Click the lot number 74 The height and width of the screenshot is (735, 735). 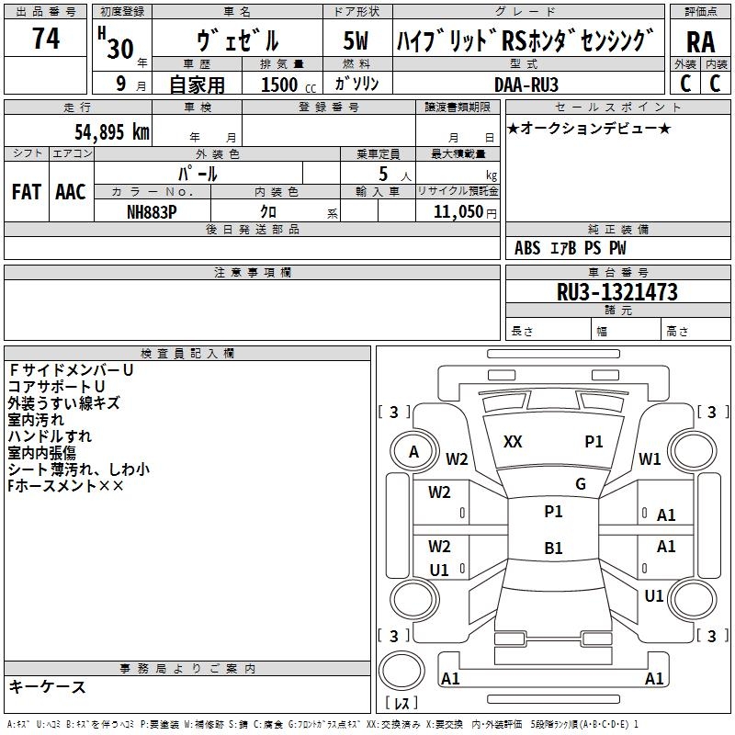pyautogui.click(x=46, y=38)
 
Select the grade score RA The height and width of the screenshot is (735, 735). pyautogui.click(x=700, y=42)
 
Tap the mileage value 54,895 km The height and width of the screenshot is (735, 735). pyautogui.click(x=112, y=131)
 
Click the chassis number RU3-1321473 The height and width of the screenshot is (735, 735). pyautogui.click(x=617, y=292)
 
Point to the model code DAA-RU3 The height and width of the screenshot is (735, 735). pyautogui.click(x=526, y=85)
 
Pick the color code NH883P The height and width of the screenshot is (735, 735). pyautogui.click(x=152, y=212)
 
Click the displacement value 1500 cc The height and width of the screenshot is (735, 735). pyautogui.click(x=288, y=85)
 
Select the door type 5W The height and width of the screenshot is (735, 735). pyautogui.click(x=356, y=40)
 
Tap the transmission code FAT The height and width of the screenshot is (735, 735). pyautogui.click(x=27, y=192)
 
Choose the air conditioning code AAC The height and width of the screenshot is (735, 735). pyautogui.click(x=71, y=192)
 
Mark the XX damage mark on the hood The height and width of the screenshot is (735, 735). pyautogui.click(x=513, y=442)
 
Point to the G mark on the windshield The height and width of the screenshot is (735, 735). pyautogui.click(x=581, y=484)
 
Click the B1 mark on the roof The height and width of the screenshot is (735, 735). pyautogui.click(x=553, y=548)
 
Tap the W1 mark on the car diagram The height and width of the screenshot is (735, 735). pyautogui.click(x=650, y=458)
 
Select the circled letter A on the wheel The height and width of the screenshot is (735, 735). pyautogui.click(x=413, y=452)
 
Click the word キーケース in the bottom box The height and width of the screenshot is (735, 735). pyautogui.click(x=47, y=686)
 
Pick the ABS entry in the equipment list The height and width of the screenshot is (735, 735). pyautogui.click(x=527, y=248)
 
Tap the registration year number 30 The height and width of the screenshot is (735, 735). pyautogui.click(x=120, y=49)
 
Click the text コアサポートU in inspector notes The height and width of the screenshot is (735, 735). pyautogui.click(x=56, y=387)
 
